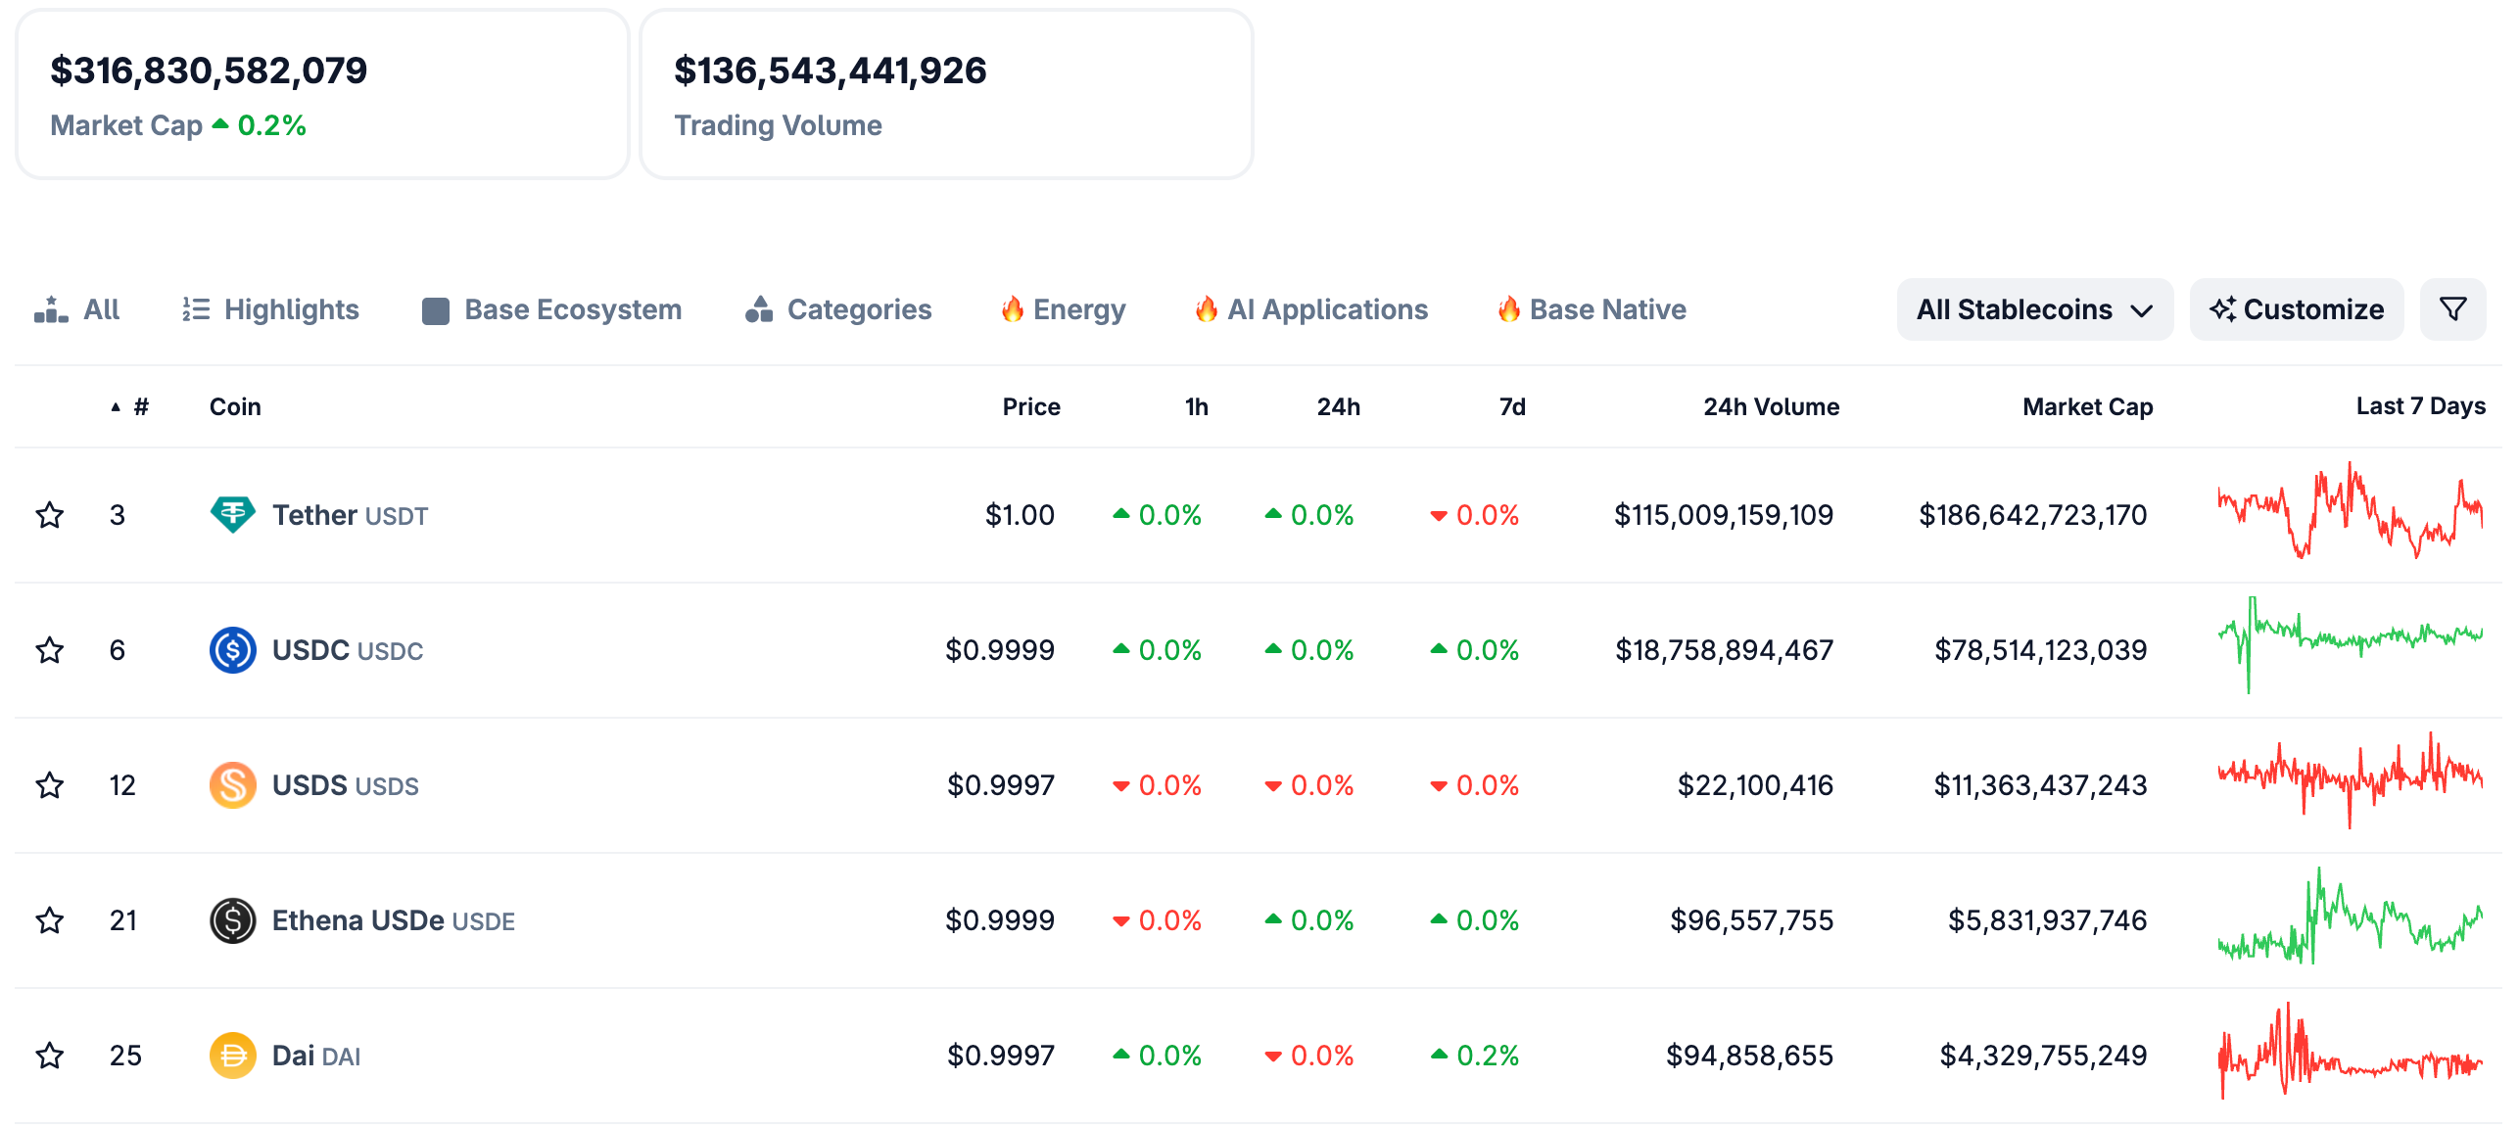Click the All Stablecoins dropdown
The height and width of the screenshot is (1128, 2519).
point(2034,309)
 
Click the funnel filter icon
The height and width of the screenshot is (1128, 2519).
point(2452,309)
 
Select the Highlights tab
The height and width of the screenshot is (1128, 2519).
point(271,309)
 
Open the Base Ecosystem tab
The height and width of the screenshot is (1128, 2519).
point(552,309)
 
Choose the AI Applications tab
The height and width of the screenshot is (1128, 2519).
point(1311,309)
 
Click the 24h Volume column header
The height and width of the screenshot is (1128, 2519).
point(1771,406)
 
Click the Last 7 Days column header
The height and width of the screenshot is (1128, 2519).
point(2420,406)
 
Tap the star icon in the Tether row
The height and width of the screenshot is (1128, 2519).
point(50,515)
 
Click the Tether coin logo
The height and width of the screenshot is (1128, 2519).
point(232,514)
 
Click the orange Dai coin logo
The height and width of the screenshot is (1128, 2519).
point(232,1056)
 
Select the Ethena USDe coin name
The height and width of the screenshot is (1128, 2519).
point(358,920)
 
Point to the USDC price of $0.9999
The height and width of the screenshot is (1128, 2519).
point(999,650)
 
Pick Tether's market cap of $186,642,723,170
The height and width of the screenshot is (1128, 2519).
point(2032,515)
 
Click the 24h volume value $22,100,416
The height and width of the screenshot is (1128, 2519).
point(1754,785)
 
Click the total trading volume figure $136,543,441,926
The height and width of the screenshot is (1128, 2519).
point(830,70)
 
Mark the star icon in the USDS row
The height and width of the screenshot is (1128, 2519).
point(50,785)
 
